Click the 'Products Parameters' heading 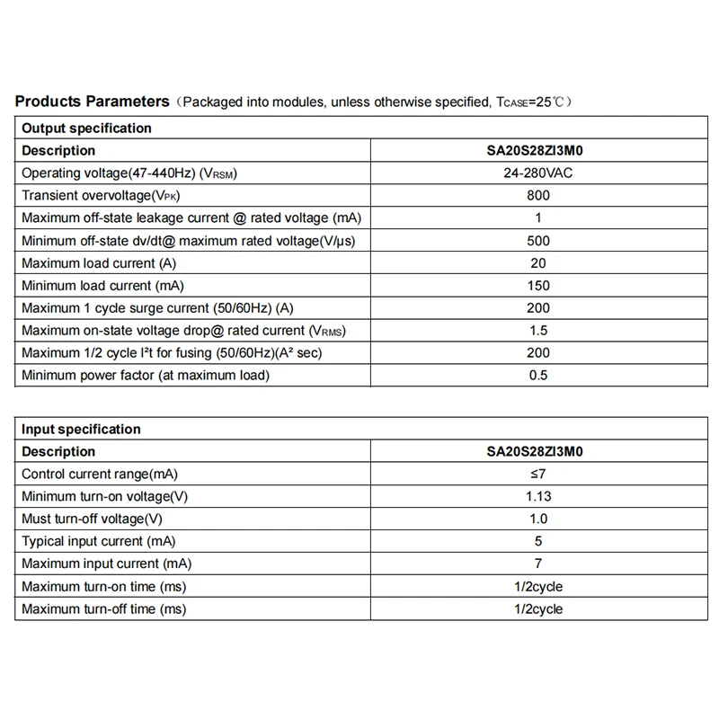93,102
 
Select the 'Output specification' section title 86,128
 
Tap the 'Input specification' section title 81,429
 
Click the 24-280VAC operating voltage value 538,173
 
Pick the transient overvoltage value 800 538,195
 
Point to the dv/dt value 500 538,240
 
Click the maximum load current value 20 538,262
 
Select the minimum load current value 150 538,285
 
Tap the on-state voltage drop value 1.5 538,330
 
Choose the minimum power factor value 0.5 538,375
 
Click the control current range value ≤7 538,474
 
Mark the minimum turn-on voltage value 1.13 538,496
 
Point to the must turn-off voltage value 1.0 538,519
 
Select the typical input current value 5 538,541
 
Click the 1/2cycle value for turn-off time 538,608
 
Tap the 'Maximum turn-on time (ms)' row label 103,586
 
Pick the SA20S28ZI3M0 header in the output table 538,150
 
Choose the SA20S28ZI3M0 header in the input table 538,451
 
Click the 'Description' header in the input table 58,451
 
